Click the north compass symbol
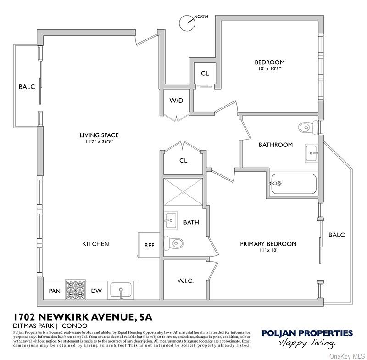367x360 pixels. [x=187, y=23]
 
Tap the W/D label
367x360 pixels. [x=176, y=101]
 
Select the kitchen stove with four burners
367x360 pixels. [x=76, y=290]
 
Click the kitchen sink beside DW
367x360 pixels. [x=120, y=290]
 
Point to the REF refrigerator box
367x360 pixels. [x=149, y=245]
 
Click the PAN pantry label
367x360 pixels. [x=54, y=291]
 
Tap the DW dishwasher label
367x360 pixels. [x=97, y=291]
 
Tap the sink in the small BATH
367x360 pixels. [x=170, y=219]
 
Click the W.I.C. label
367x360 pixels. [x=186, y=281]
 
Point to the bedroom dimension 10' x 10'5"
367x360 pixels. [x=269, y=69]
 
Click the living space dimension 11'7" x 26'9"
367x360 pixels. [x=99, y=141]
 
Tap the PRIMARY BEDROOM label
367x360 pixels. [x=268, y=244]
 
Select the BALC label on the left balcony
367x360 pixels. [x=27, y=87]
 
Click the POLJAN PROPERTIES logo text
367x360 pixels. [x=306, y=333]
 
